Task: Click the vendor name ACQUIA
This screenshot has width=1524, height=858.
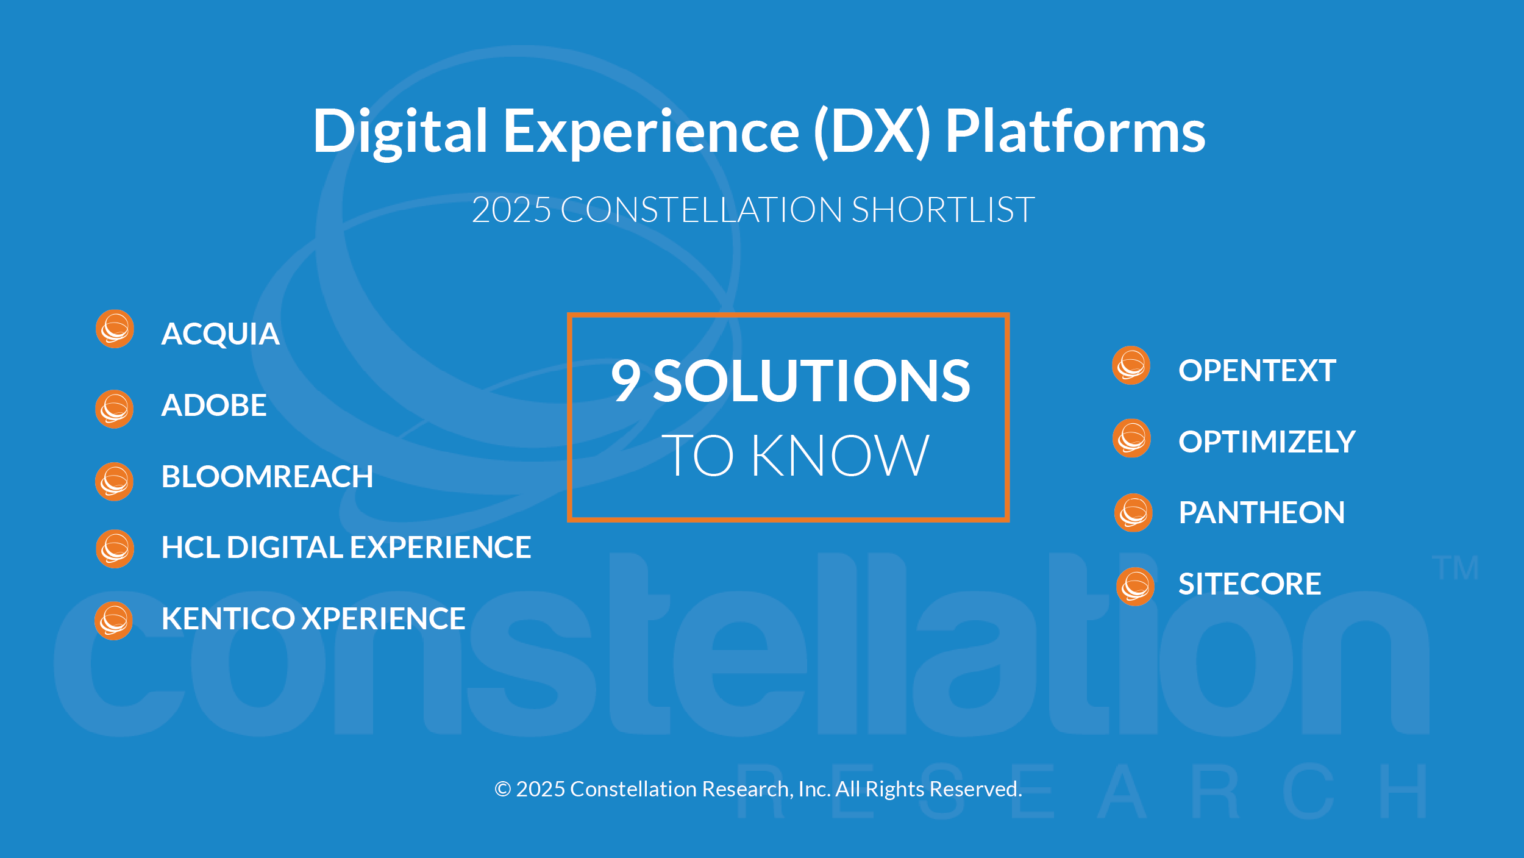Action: (x=220, y=334)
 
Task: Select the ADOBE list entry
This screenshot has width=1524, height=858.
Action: (x=213, y=406)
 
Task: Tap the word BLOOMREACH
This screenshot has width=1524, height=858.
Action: (x=267, y=477)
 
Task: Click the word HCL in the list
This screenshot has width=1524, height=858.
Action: (x=190, y=548)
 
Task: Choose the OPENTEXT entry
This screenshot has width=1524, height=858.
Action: (x=1257, y=371)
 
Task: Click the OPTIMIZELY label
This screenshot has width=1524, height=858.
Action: (x=1267, y=442)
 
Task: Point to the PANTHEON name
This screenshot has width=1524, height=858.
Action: (x=1261, y=513)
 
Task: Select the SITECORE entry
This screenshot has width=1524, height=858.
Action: (x=1249, y=584)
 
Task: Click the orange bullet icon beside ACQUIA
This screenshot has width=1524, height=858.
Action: (x=115, y=329)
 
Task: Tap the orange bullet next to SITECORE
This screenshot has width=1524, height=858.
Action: (x=1135, y=587)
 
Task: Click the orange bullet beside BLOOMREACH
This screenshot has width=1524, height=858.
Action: (x=114, y=482)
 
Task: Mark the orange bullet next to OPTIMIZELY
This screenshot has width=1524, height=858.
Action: (x=1131, y=438)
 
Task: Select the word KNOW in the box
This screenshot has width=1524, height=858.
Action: (x=839, y=456)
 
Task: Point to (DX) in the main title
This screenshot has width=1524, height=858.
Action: (x=872, y=131)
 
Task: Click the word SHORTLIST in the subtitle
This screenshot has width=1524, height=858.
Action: (x=942, y=210)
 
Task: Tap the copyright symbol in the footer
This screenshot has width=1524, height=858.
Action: (x=502, y=789)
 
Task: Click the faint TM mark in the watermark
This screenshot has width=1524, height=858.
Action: (x=1455, y=568)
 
